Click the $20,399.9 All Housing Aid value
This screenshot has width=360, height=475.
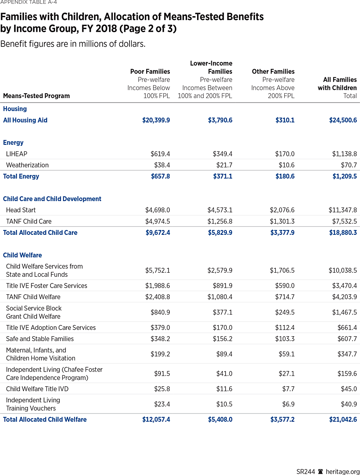coord(156,120)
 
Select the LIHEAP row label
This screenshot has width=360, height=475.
coord(17,154)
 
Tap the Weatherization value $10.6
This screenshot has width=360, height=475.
coord(286,165)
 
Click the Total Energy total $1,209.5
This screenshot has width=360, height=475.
coord(343,176)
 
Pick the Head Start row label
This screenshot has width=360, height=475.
coord(21,210)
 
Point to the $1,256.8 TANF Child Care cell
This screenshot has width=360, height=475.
coord(220,221)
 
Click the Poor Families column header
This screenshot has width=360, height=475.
coord(150,72)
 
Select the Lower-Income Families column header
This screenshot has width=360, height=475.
coord(211,67)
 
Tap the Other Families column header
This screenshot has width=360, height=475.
coord(273,72)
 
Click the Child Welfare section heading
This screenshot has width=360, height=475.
coord(22,255)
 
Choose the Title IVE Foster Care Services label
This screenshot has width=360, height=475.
coord(46,286)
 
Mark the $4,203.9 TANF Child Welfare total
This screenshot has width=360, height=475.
coord(343,297)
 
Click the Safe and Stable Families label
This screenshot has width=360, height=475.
coord(40,339)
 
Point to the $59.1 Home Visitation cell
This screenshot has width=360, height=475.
coord(286,354)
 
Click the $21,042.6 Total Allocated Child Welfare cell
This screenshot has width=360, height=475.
coord(343,419)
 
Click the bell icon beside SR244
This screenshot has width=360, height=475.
coord(320,471)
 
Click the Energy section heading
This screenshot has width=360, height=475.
coord(13,142)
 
